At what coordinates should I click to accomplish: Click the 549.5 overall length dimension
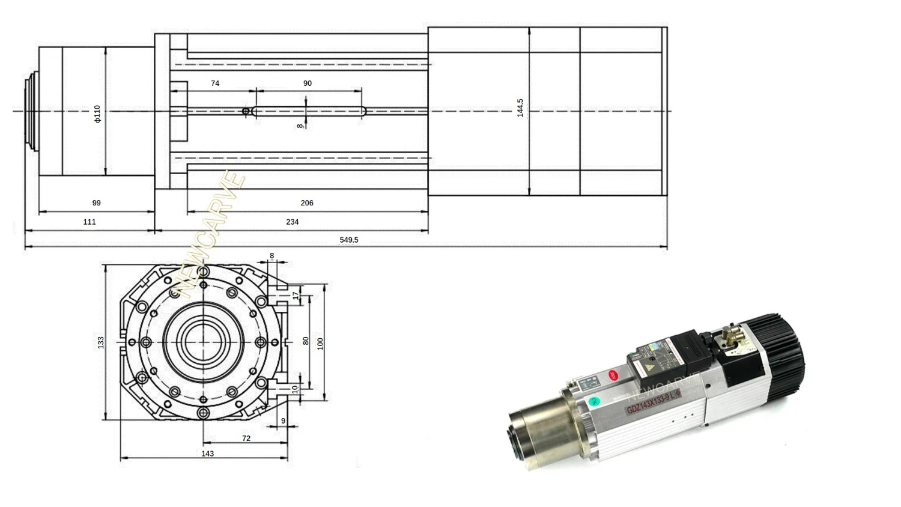pos(348,240)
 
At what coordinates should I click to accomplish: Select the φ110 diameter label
pos(97,113)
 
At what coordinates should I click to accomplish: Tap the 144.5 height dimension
pos(520,108)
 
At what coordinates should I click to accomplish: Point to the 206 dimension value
pos(306,203)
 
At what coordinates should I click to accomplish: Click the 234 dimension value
pos(292,222)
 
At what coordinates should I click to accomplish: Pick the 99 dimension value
pos(96,203)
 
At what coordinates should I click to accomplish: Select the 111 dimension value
pos(89,222)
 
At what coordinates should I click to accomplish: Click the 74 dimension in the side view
pos(215,83)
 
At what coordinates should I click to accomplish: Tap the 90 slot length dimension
pos(307,83)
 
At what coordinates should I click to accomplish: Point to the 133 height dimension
pos(101,342)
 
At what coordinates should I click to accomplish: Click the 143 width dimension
pos(207,454)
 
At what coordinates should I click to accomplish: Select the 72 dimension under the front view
pos(246,439)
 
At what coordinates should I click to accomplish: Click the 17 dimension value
pos(295,296)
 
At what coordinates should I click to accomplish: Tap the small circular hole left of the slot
pos(245,111)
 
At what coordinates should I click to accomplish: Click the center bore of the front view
pos(203,342)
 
